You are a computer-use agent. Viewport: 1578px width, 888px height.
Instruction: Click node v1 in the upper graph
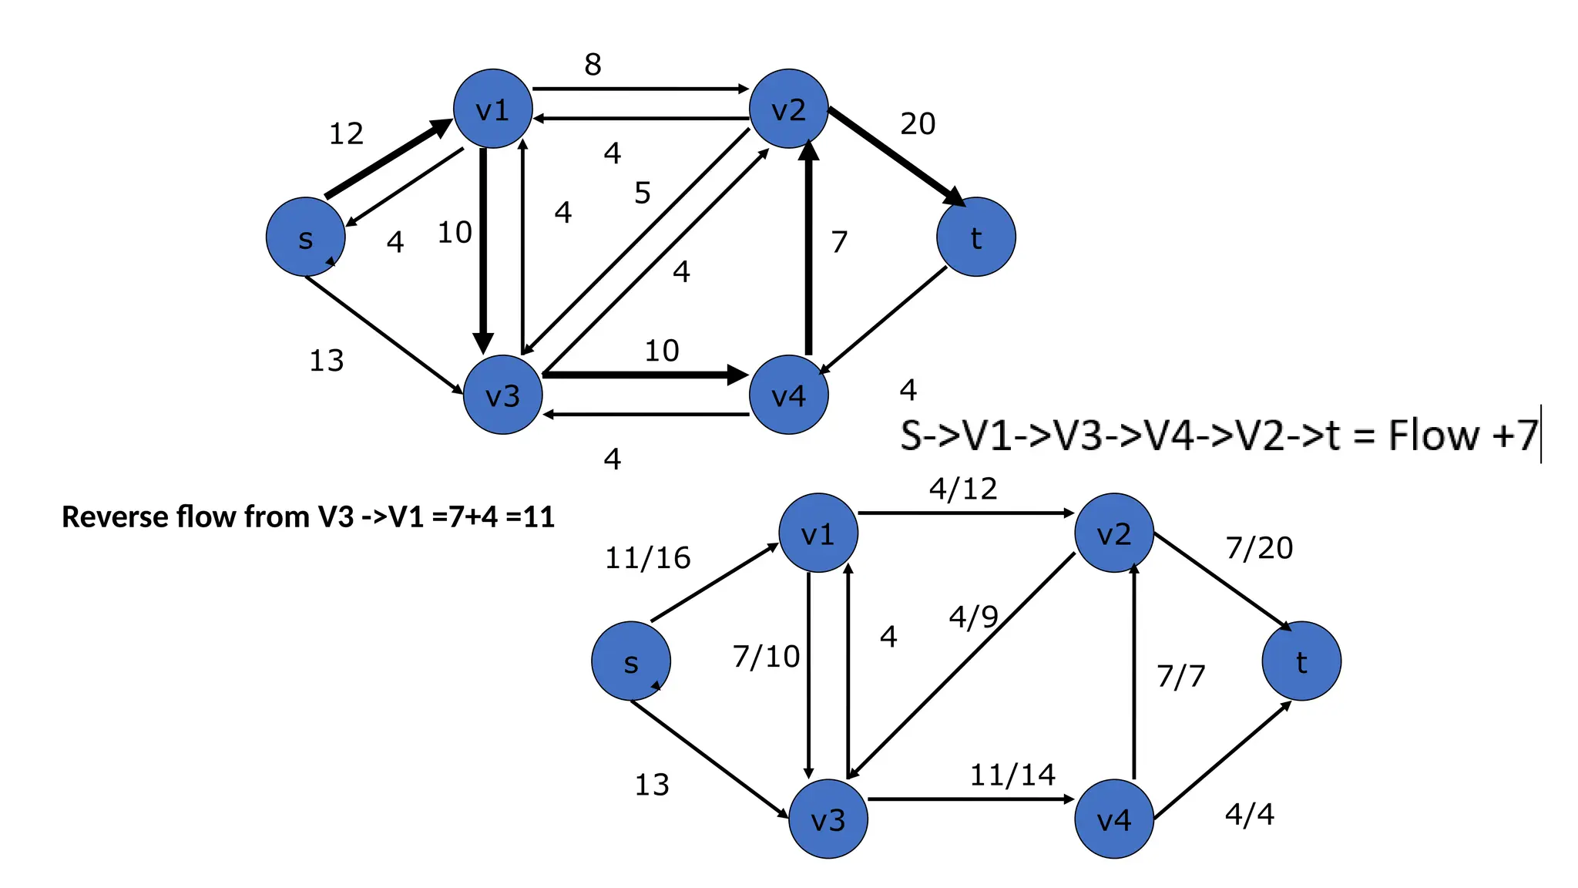point(492,109)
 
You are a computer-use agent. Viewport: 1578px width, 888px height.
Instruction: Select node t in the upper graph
point(975,237)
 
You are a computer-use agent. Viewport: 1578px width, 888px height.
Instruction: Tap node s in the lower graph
point(630,661)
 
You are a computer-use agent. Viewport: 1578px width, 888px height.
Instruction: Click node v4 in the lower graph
point(1113,819)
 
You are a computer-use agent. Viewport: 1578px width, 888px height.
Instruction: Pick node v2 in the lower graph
point(1113,533)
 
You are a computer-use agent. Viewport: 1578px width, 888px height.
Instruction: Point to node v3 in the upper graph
point(502,395)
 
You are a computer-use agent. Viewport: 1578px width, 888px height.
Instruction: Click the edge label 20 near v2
point(918,123)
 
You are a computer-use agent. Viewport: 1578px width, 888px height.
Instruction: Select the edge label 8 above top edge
point(593,65)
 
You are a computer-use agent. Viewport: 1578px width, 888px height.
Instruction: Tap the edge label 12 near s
point(346,134)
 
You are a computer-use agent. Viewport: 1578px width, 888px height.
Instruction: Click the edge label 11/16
point(647,557)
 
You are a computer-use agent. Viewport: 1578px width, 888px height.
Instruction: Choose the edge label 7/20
point(1259,547)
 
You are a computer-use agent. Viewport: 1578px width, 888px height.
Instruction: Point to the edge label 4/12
point(962,489)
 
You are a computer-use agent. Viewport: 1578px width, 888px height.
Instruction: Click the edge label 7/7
point(1180,676)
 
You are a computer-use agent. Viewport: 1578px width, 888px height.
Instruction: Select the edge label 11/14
point(1012,775)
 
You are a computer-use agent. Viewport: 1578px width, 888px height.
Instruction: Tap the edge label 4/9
point(973,617)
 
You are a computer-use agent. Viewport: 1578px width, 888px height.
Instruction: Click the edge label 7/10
point(766,657)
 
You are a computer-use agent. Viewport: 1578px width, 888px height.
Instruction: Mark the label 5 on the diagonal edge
point(643,193)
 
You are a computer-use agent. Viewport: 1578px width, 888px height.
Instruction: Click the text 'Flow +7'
point(1462,435)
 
